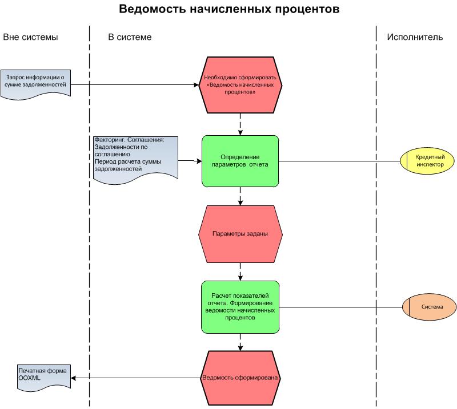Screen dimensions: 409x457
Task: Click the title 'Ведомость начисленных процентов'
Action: [x=228, y=10]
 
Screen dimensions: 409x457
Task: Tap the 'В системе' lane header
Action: [x=130, y=38]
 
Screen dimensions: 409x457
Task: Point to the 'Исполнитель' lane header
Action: [x=415, y=38]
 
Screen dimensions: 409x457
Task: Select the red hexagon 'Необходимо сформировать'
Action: [x=240, y=85]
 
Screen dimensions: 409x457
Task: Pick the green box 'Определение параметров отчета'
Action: [x=240, y=161]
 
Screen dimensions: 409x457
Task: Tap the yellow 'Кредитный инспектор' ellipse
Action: [x=429, y=160]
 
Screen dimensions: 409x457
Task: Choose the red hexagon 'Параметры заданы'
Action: [x=240, y=234]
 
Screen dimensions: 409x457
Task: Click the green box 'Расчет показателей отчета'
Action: [x=240, y=307]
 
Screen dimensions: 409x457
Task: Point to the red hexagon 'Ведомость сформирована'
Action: [x=240, y=378]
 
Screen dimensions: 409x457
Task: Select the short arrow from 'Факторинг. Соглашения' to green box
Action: [x=189, y=161]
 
